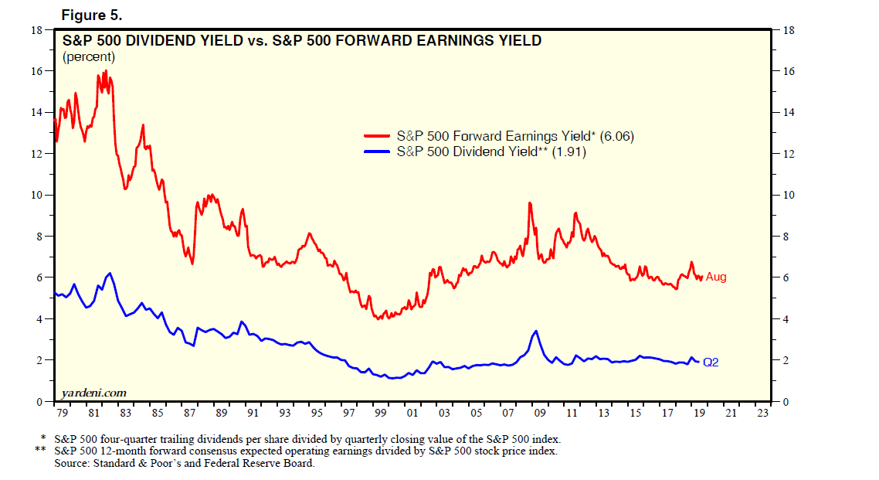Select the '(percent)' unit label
tap(88, 56)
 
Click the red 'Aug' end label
tap(716, 277)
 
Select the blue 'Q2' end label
tap(711, 362)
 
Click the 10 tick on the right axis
tap(789, 195)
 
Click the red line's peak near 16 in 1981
tap(105, 71)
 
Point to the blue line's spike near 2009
tap(535, 331)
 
